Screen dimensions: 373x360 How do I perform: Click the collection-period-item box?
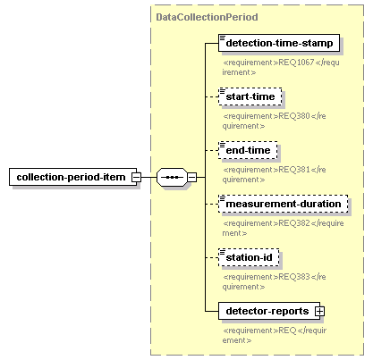[72, 177]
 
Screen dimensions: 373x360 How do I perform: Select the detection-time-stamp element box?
[279, 43]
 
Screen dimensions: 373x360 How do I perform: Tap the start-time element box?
[250, 96]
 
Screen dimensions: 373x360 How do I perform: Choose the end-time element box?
[248, 150]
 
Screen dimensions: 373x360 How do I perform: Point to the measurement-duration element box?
[284, 204]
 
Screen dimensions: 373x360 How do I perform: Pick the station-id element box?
[249, 257]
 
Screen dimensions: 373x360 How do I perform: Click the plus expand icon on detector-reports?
[319, 311]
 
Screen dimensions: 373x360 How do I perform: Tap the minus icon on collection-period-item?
[137, 177]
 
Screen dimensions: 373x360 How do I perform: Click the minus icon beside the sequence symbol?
[192, 177]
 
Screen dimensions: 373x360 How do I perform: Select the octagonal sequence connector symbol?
[173, 177]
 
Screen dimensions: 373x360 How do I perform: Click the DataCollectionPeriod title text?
[207, 17]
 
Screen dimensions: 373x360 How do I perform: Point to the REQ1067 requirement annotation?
[281, 67]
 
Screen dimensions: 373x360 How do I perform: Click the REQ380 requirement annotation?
[274, 121]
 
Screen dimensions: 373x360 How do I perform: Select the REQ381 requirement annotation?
[274, 174]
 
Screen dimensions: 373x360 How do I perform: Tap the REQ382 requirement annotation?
[283, 228]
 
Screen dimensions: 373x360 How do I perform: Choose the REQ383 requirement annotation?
[274, 281]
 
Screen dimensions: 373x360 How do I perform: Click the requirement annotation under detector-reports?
[275, 335]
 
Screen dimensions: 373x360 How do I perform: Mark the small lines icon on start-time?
[223, 91]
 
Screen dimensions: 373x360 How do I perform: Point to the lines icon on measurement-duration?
[223, 198]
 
